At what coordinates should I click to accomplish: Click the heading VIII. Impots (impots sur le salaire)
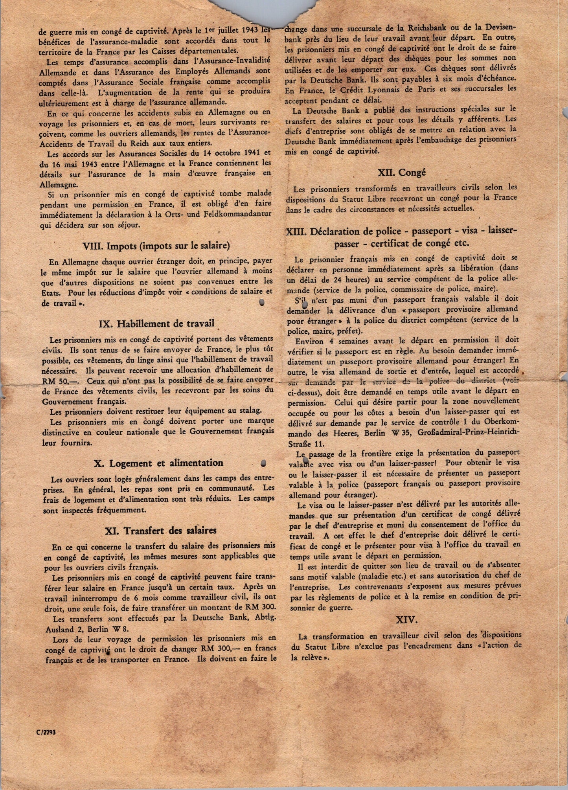(156, 245)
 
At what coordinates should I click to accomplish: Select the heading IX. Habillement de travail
(156, 323)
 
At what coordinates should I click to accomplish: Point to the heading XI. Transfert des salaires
(161, 530)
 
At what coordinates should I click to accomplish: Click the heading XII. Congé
(402, 172)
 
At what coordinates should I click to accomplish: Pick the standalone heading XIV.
(406, 620)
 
